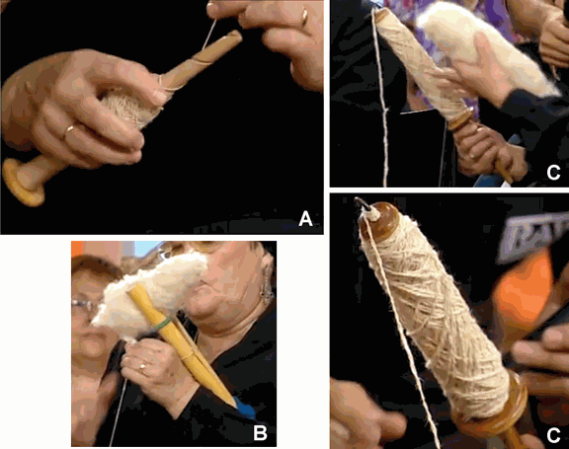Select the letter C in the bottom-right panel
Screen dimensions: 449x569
[553, 432]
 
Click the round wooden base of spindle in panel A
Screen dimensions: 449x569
[26, 184]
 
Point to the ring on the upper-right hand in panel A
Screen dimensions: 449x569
[304, 17]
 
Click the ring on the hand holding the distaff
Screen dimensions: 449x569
[140, 366]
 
